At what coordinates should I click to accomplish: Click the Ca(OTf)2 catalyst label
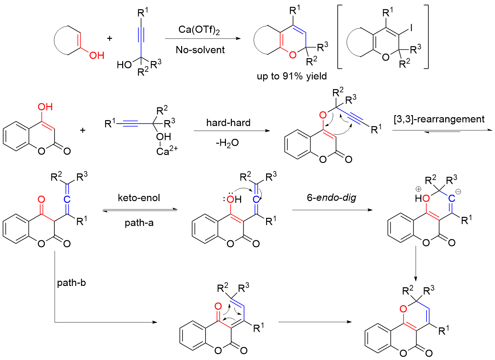pyautogui.click(x=199, y=30)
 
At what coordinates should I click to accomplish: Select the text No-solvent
pyautogui.click(x=200, y=50)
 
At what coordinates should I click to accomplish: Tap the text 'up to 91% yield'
pyautogui.click(x=292, y=76)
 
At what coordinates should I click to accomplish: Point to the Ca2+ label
pyautogui.click(x=167, y=151)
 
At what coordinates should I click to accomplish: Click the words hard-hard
pyautogui.click(x=228, y=123)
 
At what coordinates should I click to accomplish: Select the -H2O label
pyautogui.click(x=227, y=143)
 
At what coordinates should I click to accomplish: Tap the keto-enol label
pyautogui.click(x=139, y=198)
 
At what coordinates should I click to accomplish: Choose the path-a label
pyautogui.click(x=139, y=223)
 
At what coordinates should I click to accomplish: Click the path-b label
pyautogui.click(x=71, y=283)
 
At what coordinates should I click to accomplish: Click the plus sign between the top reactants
pyautogui.click(x=110, y=39)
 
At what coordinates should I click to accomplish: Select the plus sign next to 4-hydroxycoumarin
pyautogui.click(x=83, y=130)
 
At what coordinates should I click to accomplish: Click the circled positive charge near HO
pyautogui.click(x=418, y=189)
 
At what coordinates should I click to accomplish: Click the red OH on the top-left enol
pyautogui.click(x=96, y=55)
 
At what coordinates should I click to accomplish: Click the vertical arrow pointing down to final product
pyautogui.click(x=416, y=263)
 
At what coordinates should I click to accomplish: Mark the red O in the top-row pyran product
pyautogui.click(x=292, y=55)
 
